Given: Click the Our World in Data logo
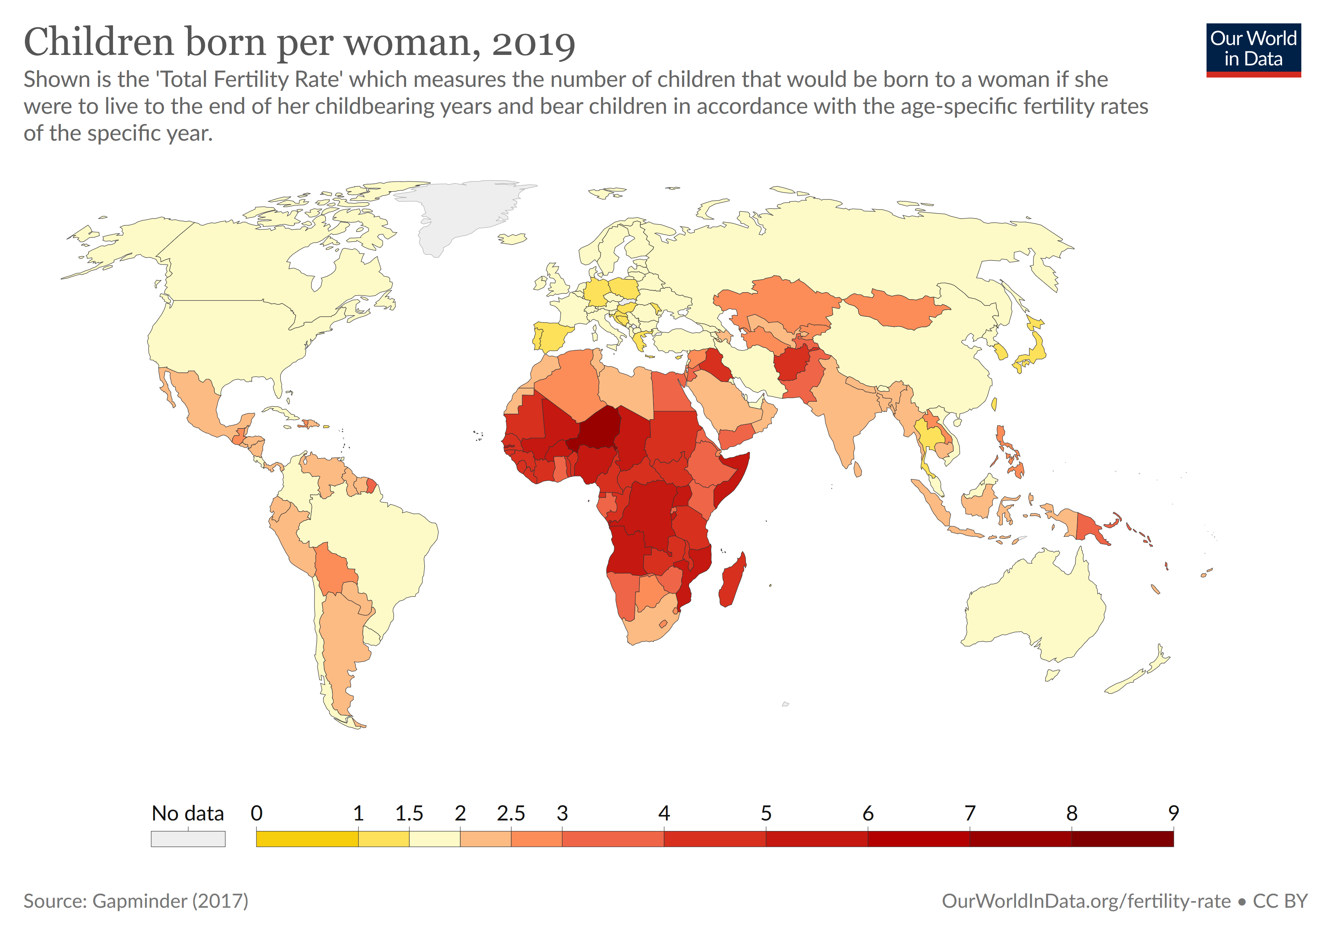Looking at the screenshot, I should [1253, 49].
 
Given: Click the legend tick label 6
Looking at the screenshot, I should [867, 813].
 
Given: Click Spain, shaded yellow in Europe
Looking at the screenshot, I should [551, 337].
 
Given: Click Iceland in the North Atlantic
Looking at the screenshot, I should [512, 238].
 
